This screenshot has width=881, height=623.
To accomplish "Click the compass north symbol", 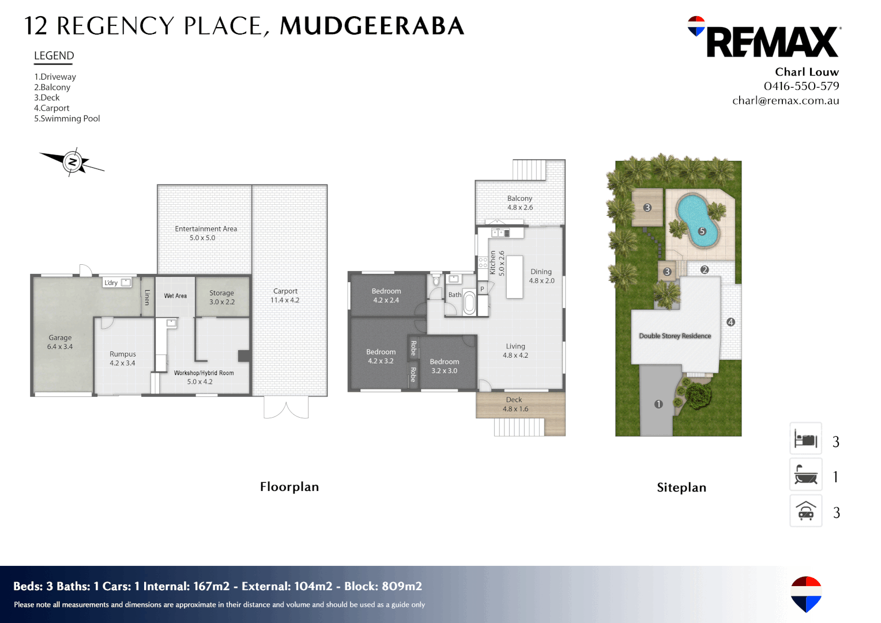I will pyautogui.click(x=73, y=162).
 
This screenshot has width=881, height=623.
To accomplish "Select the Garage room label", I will pyautogui.click(x=60, y=342).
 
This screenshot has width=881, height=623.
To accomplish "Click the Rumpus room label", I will pyautogui.click(x=122, y=358).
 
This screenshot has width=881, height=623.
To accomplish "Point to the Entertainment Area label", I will pyautogui.click(x=206, y=233).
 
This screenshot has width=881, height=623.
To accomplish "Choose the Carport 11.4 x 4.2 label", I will pyautogui.click(x=285, y=295).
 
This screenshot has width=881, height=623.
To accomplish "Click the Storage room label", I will pyautogui.click(x=222, y=297).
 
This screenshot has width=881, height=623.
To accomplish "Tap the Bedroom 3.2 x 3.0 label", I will pyautogui.click(x=444, y=366).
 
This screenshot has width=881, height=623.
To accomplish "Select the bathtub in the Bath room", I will pyautogui.click(x=469, y=303).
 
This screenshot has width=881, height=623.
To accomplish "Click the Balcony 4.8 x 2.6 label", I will pyautogui.click(x=519, y=202).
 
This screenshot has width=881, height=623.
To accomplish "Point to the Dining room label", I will pyautogui.click(x=541, y=276).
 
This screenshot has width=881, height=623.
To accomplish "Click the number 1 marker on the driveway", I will pyautogui.click(x=658, y=404).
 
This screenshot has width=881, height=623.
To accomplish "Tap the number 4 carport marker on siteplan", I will pyautogui.click(x=731, y=322).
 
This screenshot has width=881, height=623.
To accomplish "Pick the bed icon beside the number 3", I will pyautogui.click(x=805, y=440).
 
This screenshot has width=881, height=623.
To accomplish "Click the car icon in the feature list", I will pyautogui.click(x=805, y=511).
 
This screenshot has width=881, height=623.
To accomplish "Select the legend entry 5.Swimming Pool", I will pyautogui.click(x=67, y=119).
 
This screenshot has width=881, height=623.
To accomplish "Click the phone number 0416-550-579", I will pyautogui.click(x=801, y=86).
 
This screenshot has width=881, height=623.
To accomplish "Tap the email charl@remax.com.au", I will pyautogui.click(x=785, y=100).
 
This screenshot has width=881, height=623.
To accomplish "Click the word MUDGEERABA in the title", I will pyautogui.click(x=372, y=26).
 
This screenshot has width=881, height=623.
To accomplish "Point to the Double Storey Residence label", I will pyautogui.click(x=675, y=336).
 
